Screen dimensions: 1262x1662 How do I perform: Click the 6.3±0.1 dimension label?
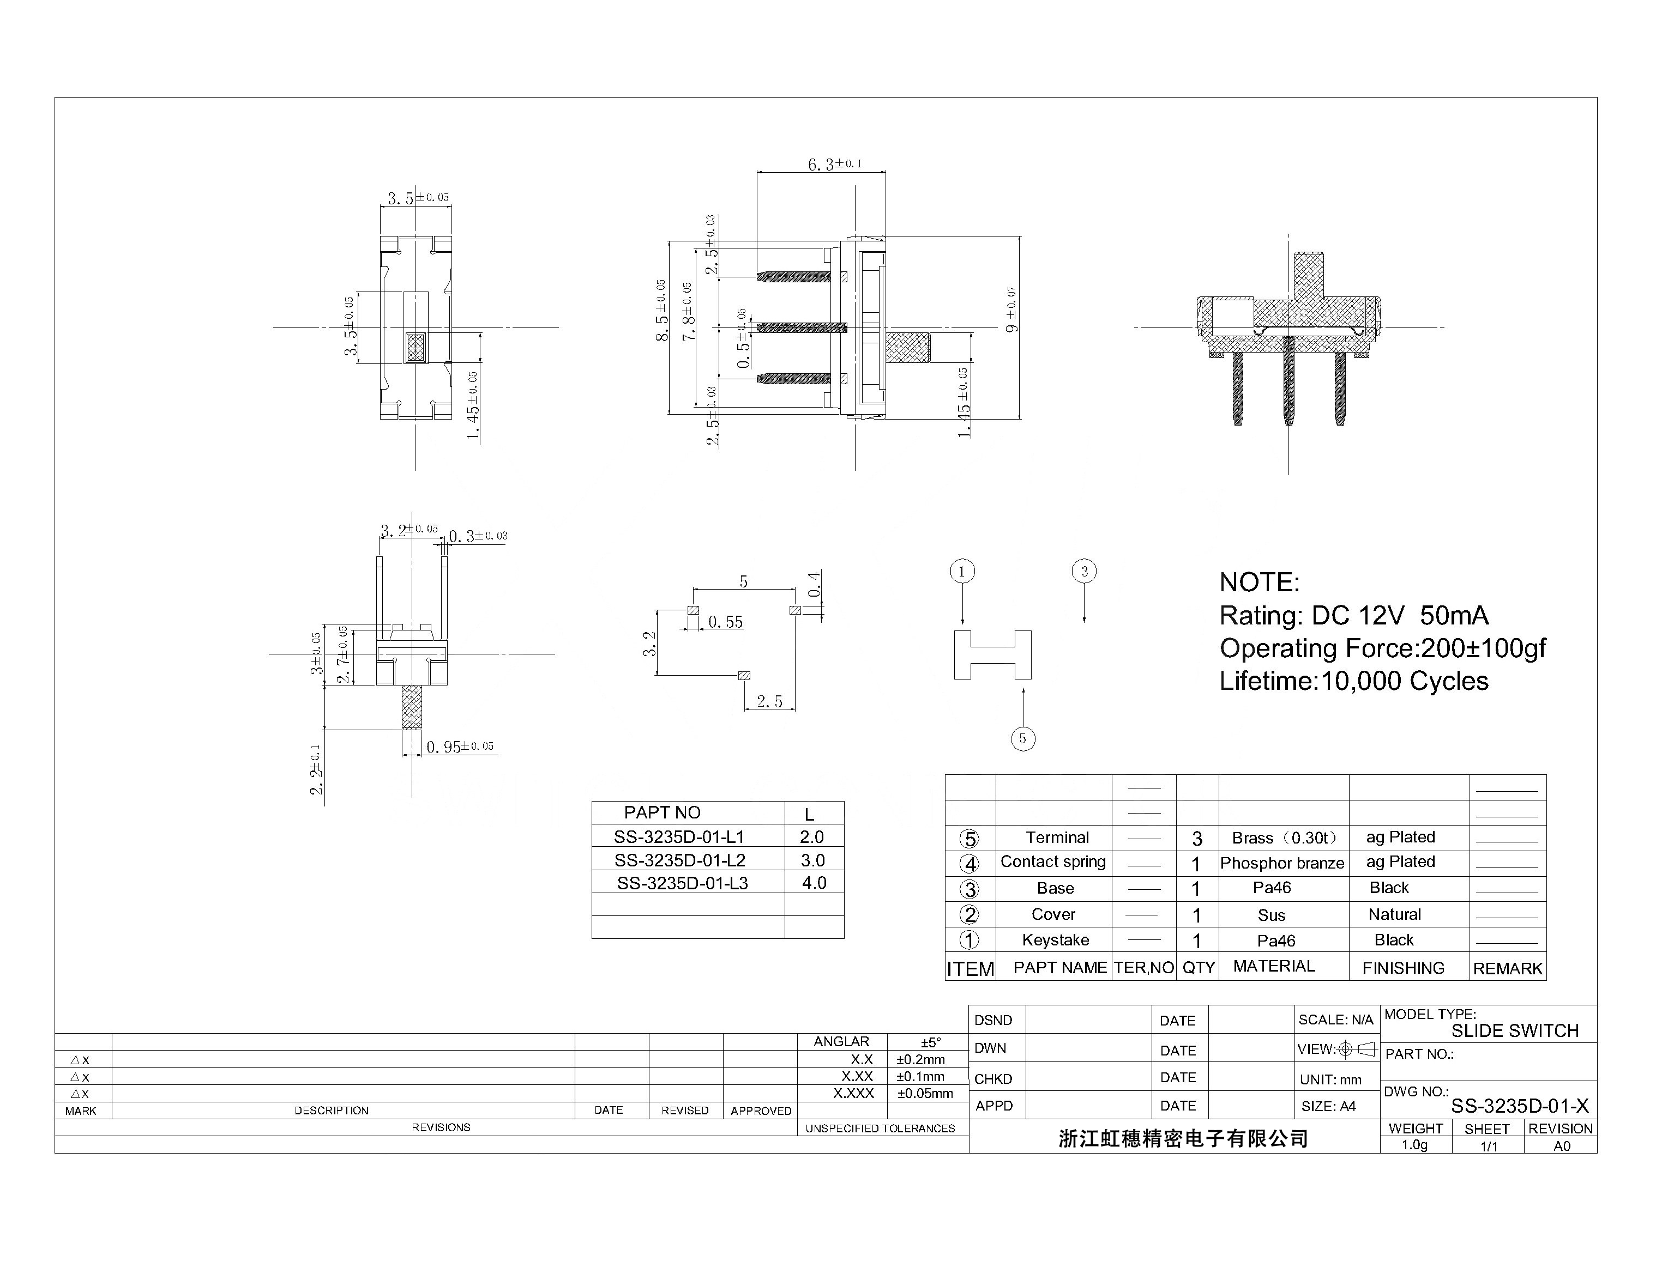click(x=834, y=164)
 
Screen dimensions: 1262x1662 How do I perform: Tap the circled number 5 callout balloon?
click(x=1022, y=738)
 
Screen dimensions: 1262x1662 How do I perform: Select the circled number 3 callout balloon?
click(x=1083, y=572)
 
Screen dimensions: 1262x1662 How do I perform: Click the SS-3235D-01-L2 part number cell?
click(x=679, y=860)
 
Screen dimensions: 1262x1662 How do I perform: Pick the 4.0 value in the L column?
click(x=814, y=883)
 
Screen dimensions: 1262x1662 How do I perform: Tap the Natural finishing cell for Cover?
click(x=1394, y=914)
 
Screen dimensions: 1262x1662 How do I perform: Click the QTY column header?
click(x=1198, y=968)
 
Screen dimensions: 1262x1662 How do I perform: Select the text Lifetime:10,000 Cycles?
click(x=1353, y=681)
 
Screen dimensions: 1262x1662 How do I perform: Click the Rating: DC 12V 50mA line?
click(x=1353, y=616)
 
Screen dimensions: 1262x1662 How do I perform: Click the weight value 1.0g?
click(x=1414, y=1145)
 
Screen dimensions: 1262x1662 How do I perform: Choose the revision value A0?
click(x=1561, y=1145)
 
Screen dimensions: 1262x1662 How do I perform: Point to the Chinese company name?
click(x=1183, y=1139)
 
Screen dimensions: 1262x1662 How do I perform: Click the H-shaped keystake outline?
click(x=992, y=655)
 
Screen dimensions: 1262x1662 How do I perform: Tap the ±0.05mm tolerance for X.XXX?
click(x=925, y=1094)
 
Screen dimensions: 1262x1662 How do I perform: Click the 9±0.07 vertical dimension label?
click(x=1012, y=310)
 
